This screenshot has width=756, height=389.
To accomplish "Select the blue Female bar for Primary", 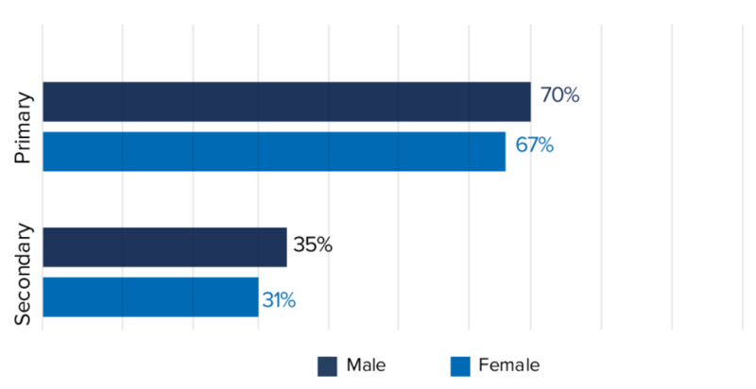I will tap(274, 151).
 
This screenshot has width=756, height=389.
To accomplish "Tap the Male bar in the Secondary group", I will tap(164, 246).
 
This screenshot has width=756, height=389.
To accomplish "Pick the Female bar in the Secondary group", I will tap(150, 296).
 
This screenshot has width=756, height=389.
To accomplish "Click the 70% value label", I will tap(559, 95).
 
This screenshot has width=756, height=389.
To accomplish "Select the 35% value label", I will tap(313, 245).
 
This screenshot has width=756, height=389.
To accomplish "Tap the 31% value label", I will tap(279, 301).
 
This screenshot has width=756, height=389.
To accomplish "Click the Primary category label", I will tap(25, 127).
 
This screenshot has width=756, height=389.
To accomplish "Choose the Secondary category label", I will tap(25, 275).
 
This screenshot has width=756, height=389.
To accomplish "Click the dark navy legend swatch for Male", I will tap(328, 365).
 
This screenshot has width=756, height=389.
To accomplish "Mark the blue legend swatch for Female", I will tap(461, 365).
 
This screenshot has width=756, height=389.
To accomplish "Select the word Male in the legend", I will tap(366, 364).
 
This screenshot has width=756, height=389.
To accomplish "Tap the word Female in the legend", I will tap(509, 364).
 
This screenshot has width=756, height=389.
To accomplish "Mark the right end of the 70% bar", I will tap(530, 101).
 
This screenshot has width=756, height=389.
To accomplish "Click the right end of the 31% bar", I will tap(257, 296).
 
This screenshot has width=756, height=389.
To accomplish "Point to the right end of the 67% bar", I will tap(505, 151).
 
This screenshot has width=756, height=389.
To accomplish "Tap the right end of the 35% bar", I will tap(285, 246).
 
